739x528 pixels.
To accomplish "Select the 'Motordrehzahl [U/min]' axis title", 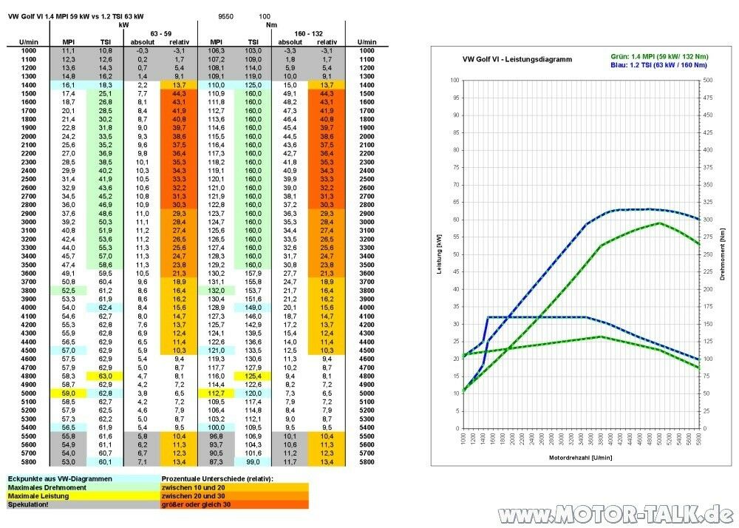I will point(580,457).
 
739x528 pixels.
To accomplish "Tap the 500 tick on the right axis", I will point(707,79).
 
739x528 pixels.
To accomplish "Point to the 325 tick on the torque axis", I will point(707,201).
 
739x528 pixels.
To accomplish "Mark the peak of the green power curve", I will point(659,223).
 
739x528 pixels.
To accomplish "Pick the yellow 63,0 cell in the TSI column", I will point(106,376).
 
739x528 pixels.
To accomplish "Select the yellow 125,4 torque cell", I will point(253,376).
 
